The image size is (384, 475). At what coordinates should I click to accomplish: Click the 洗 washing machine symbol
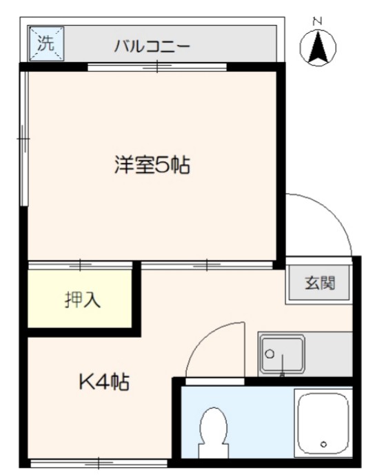point(46,44)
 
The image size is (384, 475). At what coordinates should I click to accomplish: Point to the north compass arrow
point(318,48)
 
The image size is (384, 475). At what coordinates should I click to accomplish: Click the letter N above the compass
point(318,21)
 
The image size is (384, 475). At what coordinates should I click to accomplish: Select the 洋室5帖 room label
point(152,165)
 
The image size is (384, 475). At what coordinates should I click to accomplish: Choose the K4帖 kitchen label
point(104,381)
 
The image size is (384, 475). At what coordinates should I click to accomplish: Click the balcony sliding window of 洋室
point(157,67)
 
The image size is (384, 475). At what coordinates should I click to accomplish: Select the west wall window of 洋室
point(24,138)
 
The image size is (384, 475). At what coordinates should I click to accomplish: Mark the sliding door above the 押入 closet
point(81,265)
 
